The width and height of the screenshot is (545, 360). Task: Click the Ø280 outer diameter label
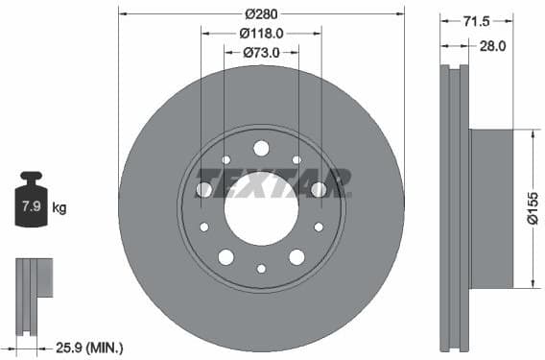[x=261, y=13]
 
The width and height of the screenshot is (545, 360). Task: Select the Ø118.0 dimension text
[x=261, y=33]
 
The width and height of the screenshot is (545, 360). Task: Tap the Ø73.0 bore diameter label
[x=261, y=52]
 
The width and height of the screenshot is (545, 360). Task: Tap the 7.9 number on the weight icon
[x=31, y=206]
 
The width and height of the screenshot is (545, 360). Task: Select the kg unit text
[x=59, y=207]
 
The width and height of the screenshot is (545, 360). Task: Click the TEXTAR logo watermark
[x=273, y=182]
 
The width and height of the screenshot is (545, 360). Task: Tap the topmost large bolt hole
[x=261, y=148]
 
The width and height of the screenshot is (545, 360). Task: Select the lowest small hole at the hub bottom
[x=261, y=269]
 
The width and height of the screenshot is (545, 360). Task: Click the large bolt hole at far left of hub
[x=203, y=190]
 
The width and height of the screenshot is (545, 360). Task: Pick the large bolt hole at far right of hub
[x=319, y=190]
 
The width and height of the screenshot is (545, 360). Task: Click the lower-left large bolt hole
[x=225, y=257]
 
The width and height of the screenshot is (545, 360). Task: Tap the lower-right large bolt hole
[x=296, y=257]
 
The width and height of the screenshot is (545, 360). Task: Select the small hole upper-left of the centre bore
[x=225, y=159]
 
